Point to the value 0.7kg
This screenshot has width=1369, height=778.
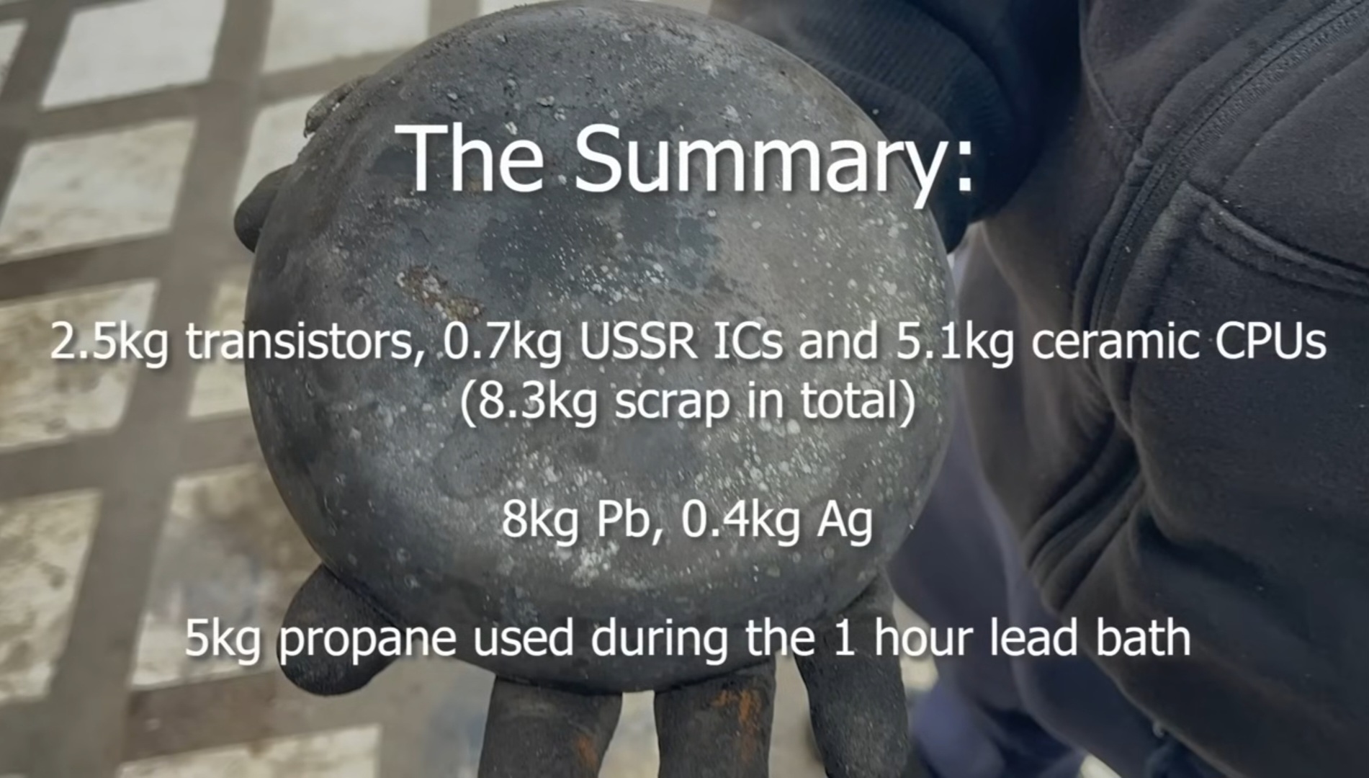[503, 343]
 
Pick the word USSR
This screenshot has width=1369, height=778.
[637, 343]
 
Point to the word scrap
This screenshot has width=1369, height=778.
[674, 405]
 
